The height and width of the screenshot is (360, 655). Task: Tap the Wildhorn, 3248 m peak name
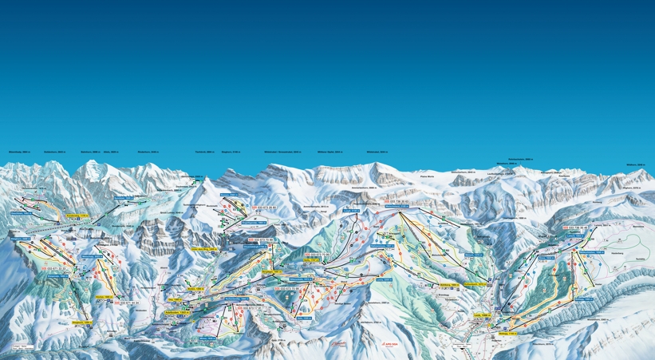tap(634, 164)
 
